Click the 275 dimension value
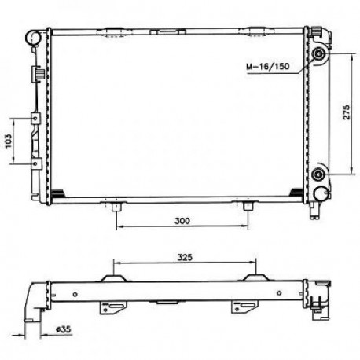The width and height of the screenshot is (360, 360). [347, 112]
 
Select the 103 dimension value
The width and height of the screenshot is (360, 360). [9, 141]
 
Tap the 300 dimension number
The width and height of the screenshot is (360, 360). [182, 221]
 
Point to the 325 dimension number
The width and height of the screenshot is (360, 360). [185, 257]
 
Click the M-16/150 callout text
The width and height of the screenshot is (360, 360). [268, 66]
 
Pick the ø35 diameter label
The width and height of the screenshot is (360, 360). [63, 329]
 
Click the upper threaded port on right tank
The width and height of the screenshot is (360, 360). [318, 54]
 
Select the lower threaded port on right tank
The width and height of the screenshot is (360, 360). [318, 174]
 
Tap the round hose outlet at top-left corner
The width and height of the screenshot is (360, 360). [33, 38]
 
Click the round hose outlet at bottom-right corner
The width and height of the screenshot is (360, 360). [321, 193]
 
